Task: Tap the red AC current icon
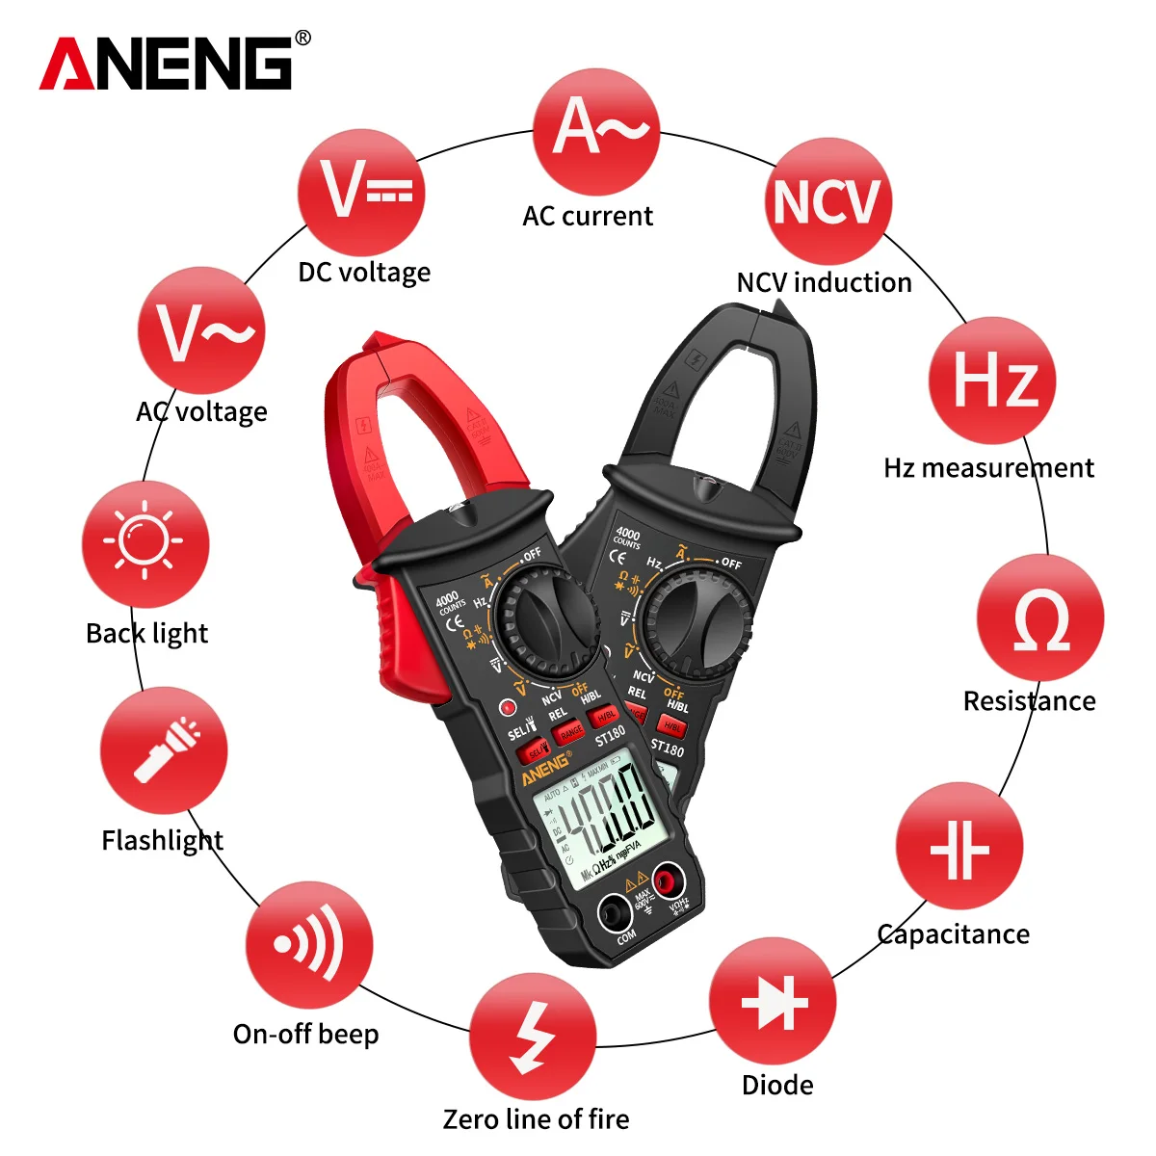(x=596, y=131)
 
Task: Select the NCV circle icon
(x=828, y=201)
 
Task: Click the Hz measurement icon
(x=992, y=380)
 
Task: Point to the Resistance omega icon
(x=1040, y=618)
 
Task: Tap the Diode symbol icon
(x=773, y=1001)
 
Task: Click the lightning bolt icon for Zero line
(x=533, y=1037)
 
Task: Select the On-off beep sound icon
(x=308, y=945)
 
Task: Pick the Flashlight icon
(x=164, y=750)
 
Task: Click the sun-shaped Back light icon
(x=145, y=543)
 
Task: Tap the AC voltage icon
(x=201, y=331)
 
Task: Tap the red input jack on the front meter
(x=668, y=880)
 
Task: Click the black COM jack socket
(x=615, y=911)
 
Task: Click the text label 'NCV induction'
(x=824, y=282)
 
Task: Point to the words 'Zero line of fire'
(x=536, y=1118)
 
